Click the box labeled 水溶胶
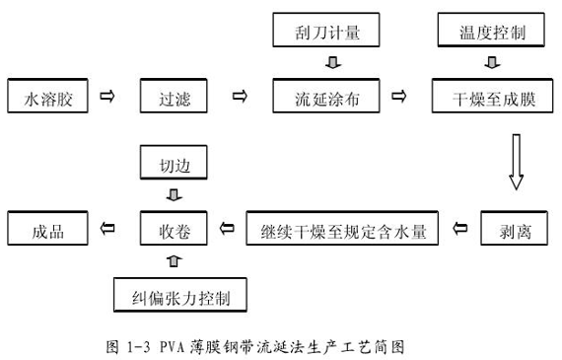pos(48,97)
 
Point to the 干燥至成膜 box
pos(490,97)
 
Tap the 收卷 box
pos(176,230)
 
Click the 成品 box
pos(48,230)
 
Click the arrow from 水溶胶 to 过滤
pos(108,96)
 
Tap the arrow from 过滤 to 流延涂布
pos(238,96)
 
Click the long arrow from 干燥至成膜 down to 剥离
pos(514,163)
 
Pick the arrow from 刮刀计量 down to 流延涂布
pos(332,64)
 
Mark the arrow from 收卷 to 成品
pos(107,229)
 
